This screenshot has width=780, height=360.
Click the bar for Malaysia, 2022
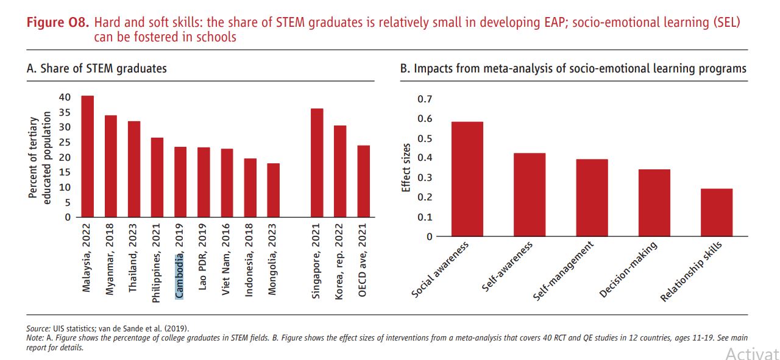coord(87,157)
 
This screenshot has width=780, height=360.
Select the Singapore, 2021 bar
coord(317,163)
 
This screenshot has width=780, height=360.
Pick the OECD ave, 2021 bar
coord(363,181)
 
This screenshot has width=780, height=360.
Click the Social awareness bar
coord(467,179)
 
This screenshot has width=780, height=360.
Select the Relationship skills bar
coord(717,213)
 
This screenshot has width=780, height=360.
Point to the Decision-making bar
coord(654,203)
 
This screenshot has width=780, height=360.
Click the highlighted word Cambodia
coord(179,277)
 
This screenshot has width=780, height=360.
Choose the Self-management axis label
coord(563,271)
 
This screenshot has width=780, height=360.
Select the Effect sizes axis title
coord(406,168)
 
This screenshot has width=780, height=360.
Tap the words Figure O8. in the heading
coord(58,23)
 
